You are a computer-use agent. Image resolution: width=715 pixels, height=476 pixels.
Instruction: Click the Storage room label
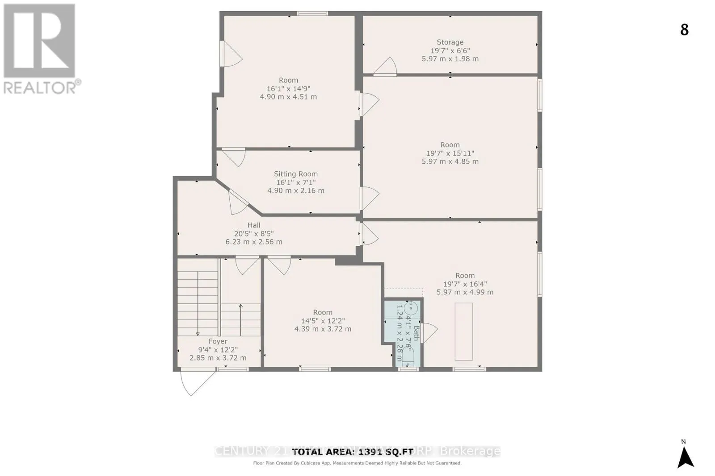pos(450,42)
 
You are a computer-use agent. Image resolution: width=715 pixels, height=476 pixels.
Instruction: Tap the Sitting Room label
pos(296,174)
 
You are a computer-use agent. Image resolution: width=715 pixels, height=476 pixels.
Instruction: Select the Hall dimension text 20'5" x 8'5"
pos(254,233)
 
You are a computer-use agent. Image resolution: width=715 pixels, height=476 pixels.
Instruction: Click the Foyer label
pos(218,341)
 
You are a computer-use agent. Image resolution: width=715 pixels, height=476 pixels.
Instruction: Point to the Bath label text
pos(416,333)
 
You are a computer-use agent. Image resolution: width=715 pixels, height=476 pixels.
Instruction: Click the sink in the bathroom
pos(411,308)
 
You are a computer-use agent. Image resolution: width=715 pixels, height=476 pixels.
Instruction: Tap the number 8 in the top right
pos(684,30)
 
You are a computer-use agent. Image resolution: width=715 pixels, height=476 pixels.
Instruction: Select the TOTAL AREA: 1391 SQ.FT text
pos(353,451)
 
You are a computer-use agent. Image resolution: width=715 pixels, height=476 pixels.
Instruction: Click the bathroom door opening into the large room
pos(430,332)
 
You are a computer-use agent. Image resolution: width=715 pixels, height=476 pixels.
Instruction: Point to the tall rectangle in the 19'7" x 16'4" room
pos(464,331)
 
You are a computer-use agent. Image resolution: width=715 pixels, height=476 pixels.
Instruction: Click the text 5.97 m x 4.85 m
pos(450,161)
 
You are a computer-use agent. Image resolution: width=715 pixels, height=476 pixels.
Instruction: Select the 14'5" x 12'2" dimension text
pos(323,321)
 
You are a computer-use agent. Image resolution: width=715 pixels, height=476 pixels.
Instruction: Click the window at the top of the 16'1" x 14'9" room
pos(313,13)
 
